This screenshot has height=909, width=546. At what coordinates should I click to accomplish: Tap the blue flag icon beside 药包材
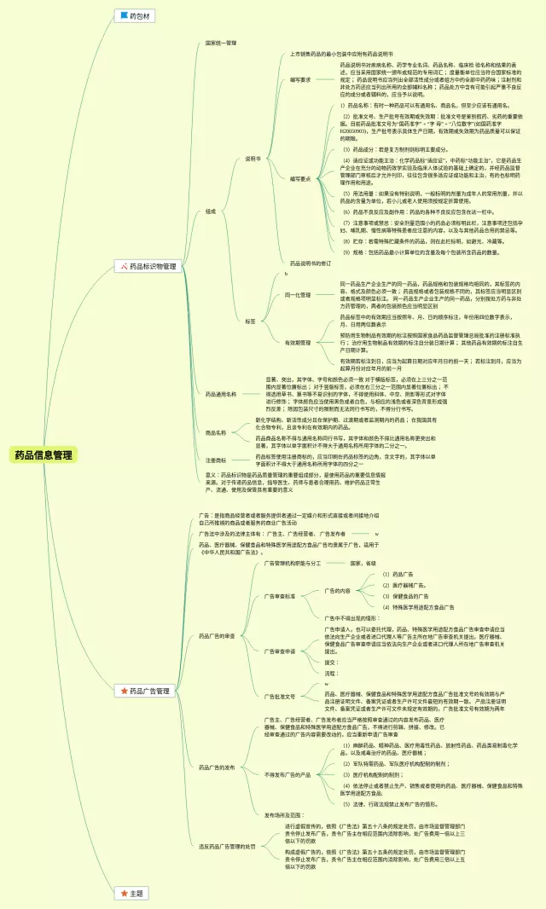point(124,15)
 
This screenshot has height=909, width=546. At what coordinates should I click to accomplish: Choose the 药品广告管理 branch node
point(149,691)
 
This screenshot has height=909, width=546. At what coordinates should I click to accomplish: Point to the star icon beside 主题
point(124,893)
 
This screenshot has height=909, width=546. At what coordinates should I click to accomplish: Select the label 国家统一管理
point(221,43)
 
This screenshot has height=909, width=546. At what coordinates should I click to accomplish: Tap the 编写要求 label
point(299,79)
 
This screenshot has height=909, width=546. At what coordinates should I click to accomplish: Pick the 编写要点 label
point(299,179)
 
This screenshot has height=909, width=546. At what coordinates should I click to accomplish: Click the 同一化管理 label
point(298,294)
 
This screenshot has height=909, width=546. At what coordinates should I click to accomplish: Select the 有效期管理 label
point(298,342)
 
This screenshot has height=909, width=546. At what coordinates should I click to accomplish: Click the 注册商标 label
point(215,460)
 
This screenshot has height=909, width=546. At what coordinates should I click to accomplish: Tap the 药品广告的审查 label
point(217,636)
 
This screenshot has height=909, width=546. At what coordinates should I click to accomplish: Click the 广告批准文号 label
point(280,696)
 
